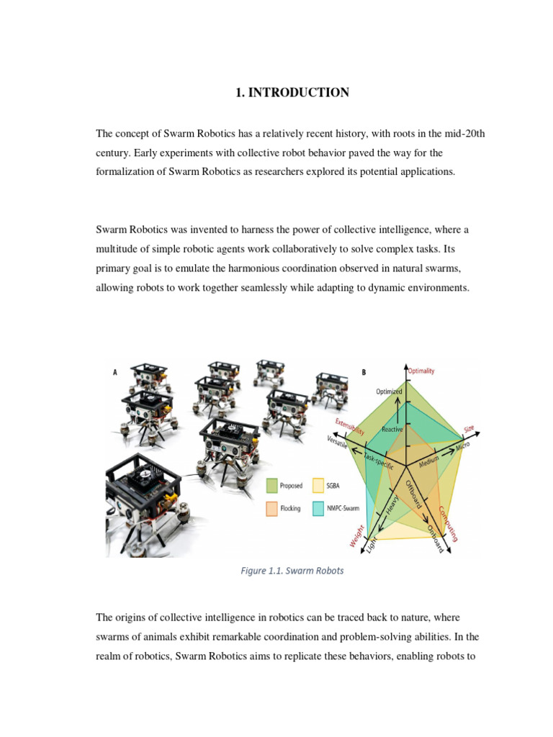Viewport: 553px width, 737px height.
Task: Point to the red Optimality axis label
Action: coord(422,371)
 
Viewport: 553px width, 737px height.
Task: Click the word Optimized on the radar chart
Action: coord(389,391)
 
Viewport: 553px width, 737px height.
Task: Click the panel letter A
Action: coord(115,372)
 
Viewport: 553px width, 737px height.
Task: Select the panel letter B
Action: coord(363,372)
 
